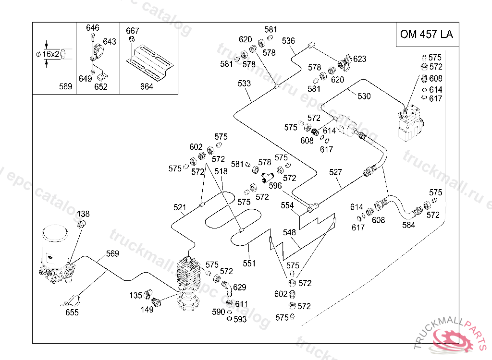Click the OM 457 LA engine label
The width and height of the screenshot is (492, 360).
427,35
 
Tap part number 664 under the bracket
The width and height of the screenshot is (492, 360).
147,86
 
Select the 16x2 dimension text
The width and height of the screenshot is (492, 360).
50,54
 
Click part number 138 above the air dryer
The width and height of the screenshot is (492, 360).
83,214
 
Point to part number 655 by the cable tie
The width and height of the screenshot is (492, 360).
72,312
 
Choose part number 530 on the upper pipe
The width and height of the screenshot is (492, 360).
364,96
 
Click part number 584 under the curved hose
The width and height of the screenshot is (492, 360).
408,225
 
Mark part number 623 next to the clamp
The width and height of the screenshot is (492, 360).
359,59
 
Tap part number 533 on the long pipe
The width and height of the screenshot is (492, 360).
244,84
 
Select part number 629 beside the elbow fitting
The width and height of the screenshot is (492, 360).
239,288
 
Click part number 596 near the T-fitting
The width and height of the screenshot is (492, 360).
275,186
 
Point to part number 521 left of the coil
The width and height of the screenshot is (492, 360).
180,207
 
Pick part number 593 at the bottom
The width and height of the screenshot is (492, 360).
240,319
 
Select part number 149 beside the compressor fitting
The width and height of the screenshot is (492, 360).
147,310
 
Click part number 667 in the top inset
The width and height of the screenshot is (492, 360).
133,31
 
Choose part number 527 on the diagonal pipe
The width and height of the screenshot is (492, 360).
336,172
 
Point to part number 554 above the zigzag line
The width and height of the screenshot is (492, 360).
287,205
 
